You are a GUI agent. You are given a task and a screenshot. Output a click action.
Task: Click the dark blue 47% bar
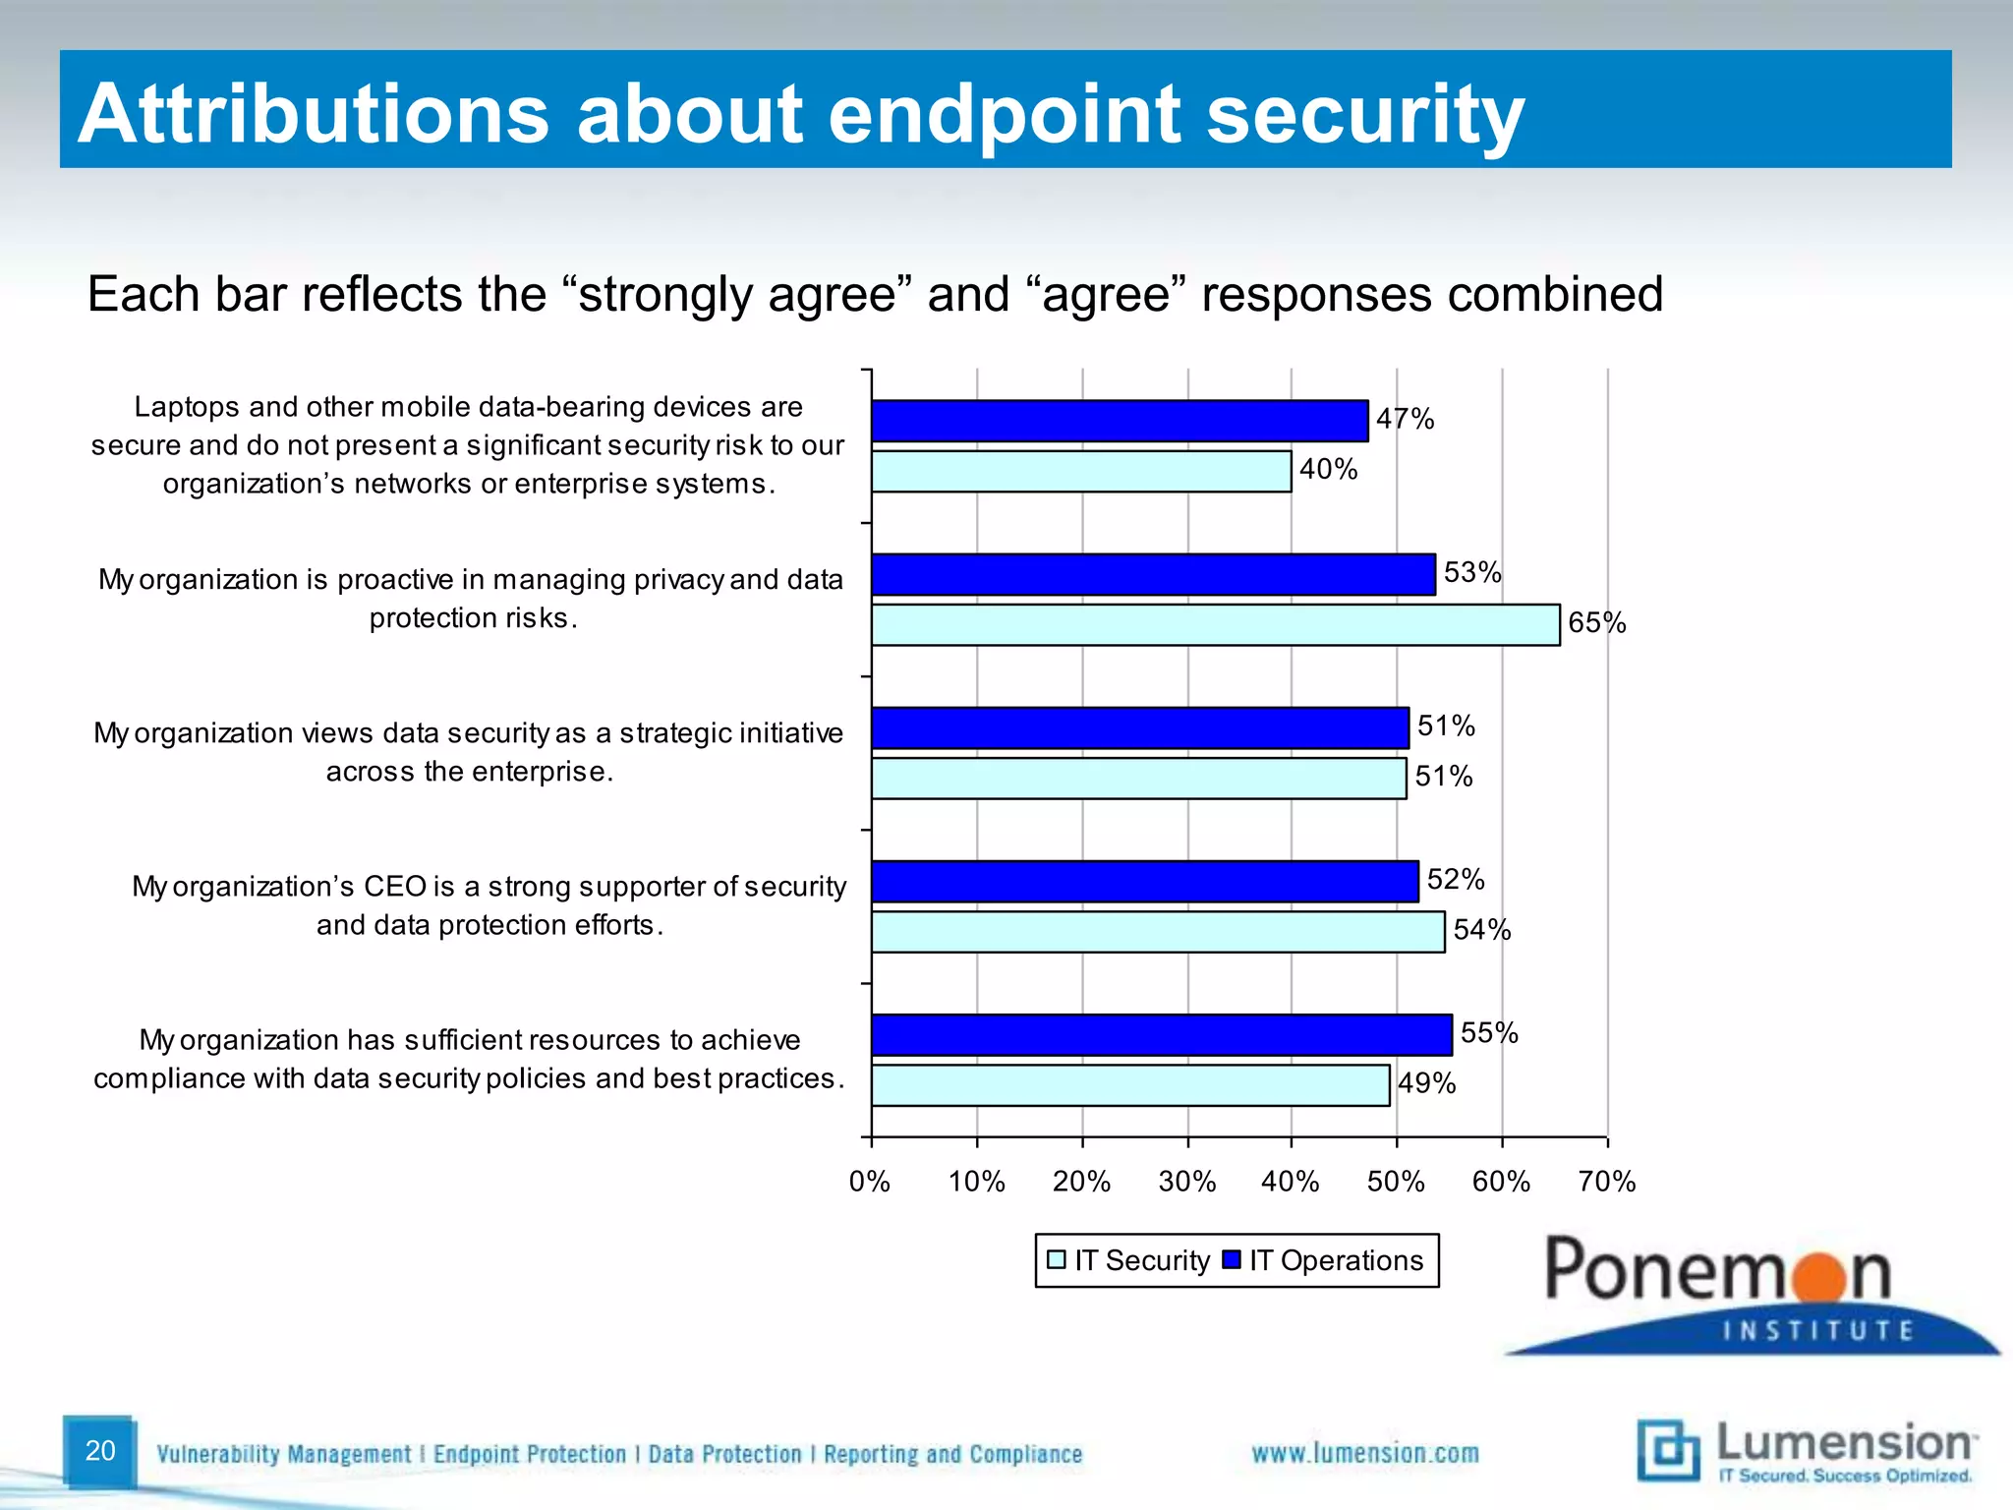click(1119, 421)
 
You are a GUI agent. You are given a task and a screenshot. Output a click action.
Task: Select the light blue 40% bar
click(1081, 472)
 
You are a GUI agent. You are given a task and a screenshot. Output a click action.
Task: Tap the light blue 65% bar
click(1215, 625)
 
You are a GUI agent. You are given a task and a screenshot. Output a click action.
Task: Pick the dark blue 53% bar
click(1153, 574)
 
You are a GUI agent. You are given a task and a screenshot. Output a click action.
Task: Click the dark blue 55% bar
click(1161, 1034)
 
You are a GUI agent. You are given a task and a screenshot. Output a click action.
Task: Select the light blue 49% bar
click(1130, 1085)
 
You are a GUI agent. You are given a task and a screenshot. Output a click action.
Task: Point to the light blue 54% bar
click(1158, 932)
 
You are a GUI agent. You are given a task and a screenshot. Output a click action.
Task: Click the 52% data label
click(1456, 879)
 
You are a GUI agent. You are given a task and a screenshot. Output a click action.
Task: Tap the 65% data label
click(1597, 623)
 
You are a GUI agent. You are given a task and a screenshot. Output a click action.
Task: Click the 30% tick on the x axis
click(1187, 1182)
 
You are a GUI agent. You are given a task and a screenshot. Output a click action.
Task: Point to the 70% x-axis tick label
click(1607, 1182)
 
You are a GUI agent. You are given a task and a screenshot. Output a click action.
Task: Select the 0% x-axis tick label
click(870, 1182)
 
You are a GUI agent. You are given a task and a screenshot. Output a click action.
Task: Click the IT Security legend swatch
click(1057, 1260)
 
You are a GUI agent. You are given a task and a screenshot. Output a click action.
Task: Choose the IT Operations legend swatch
click(1231, 1260)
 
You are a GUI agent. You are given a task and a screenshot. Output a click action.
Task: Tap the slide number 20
click(100, 1451)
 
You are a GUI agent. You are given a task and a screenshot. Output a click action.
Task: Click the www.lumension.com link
click(1365, 1453)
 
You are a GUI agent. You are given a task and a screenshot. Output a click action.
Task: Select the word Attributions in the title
click(314, 114)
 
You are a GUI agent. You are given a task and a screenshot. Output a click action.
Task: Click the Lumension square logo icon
click(1668, 1450)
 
